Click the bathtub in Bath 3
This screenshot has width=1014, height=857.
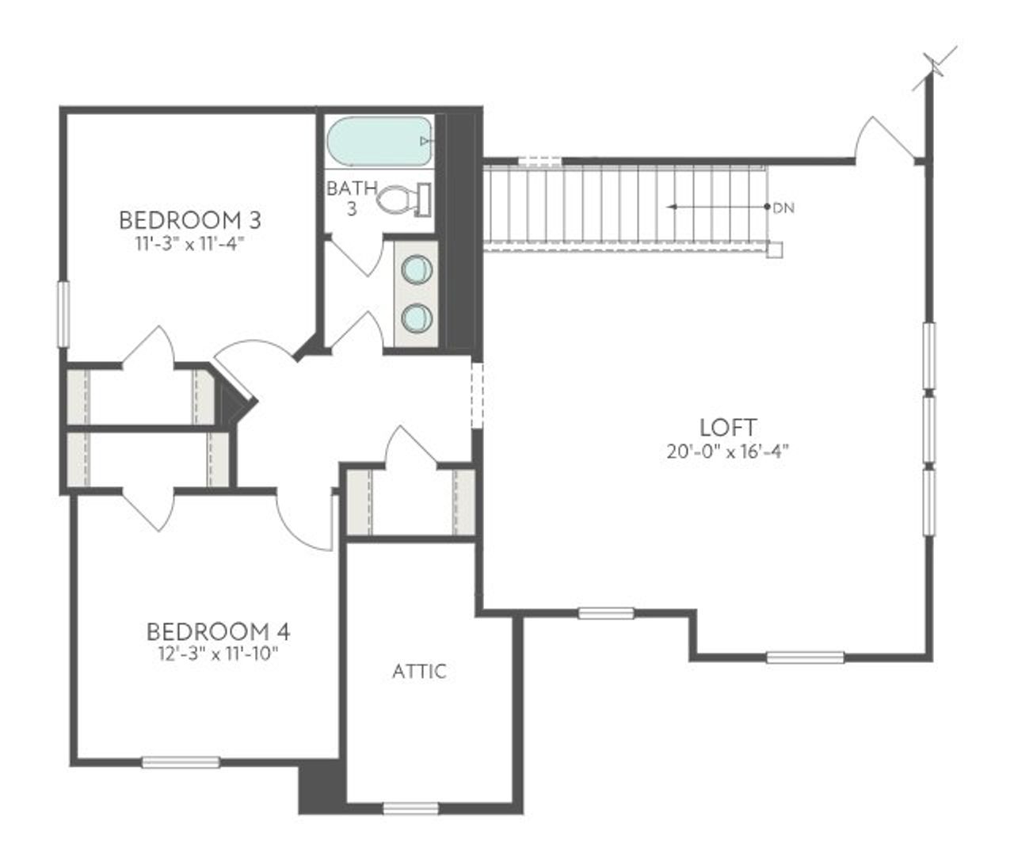[x=379, y=142]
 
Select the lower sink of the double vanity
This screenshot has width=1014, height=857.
[x=417, y=318]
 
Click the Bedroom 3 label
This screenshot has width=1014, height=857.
[x=190, y=219]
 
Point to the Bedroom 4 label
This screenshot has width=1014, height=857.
[x=218, y=631]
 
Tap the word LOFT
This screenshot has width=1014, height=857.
[x=729, y=428]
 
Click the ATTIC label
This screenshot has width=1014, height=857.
[x=419, y=672]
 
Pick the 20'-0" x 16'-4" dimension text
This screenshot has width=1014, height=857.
[x=729, y=452]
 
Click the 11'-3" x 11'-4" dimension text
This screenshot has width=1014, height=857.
[x=189, y=243]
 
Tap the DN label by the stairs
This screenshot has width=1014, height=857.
[x=783, y=208]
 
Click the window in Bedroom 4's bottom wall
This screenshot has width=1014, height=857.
[x=181, y=762]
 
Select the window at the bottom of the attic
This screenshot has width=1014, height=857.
[x=410, y=809]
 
